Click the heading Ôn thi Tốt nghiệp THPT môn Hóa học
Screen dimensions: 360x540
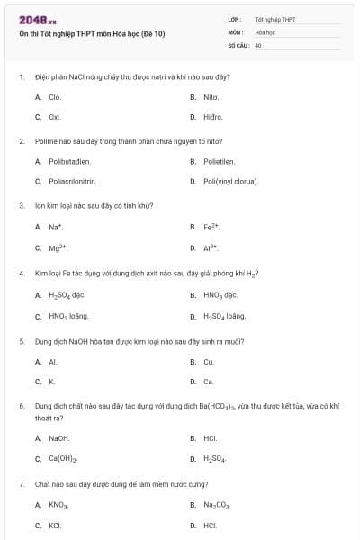(x=92, y=35)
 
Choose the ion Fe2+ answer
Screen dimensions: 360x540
(x=211, y=226)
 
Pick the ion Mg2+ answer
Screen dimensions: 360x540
(x=58, y=247)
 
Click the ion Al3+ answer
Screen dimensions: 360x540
(x=211, y=247)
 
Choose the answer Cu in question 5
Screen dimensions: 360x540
(x=209, y=362)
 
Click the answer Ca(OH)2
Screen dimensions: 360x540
(x=64, y=459)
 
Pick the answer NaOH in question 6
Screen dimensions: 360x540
(x=59, y=438)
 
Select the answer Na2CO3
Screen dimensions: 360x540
(x=217, y=505)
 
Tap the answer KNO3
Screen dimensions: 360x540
(x=58, y=505)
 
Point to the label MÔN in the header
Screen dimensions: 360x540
(x=236, y=31)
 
